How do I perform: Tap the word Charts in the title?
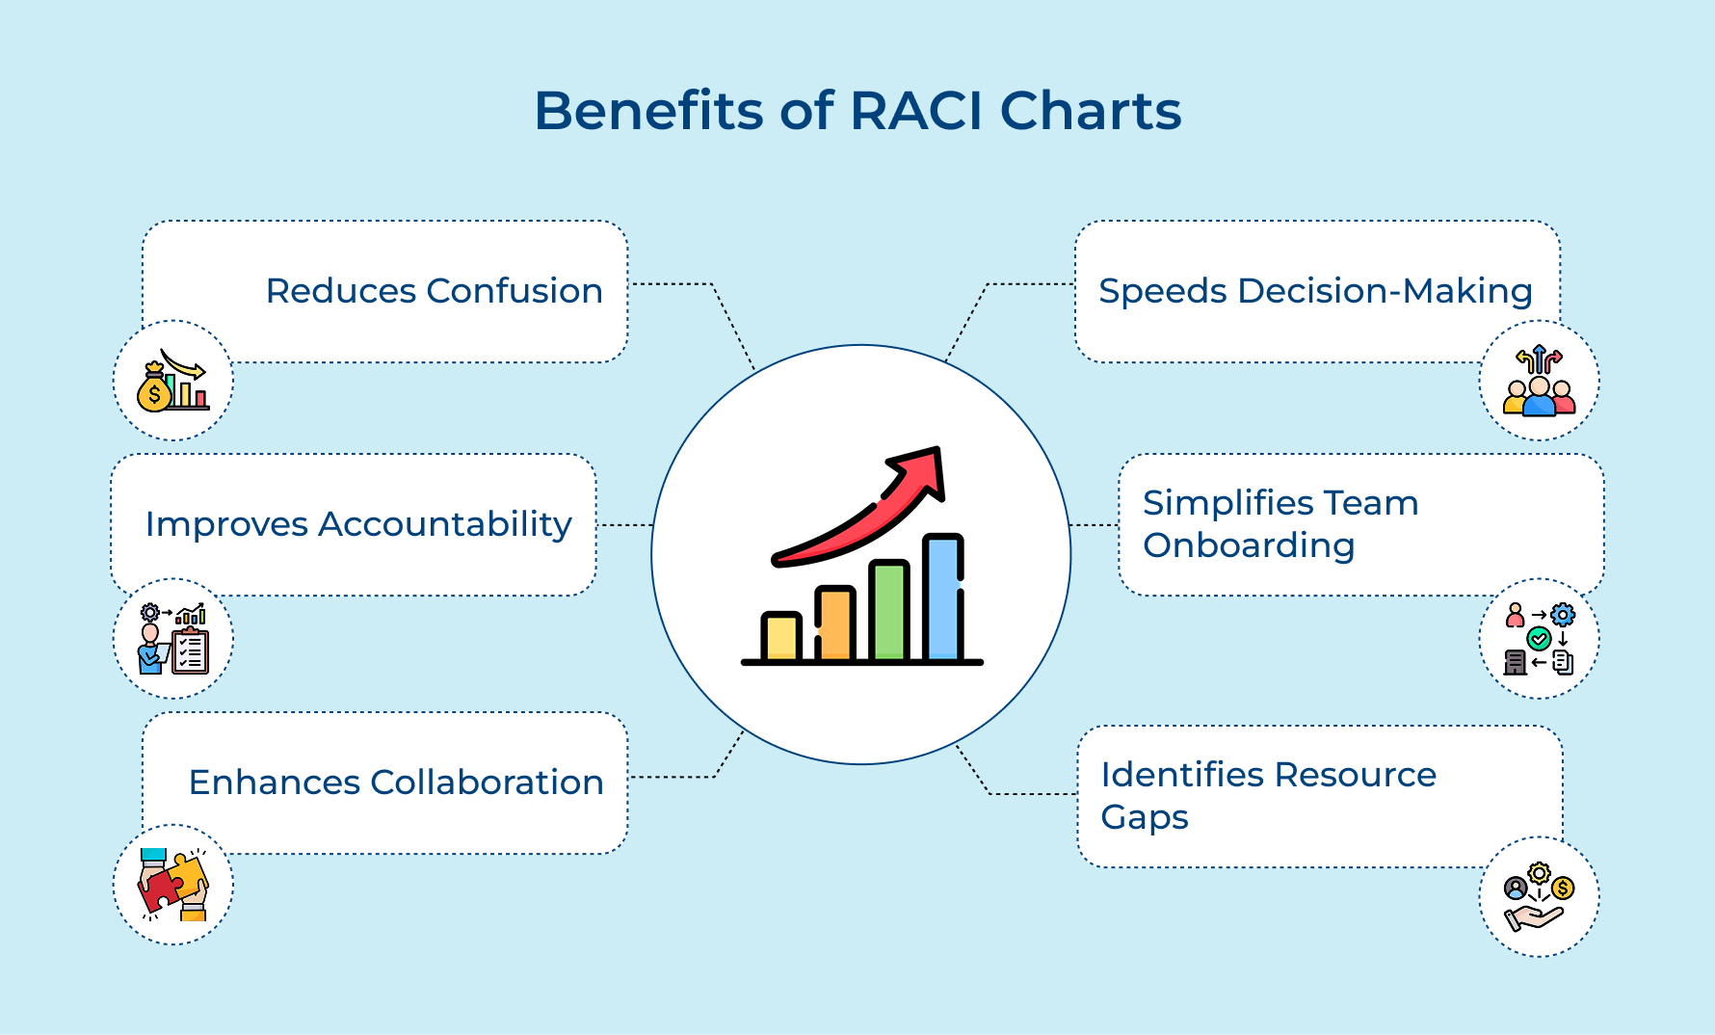tap(1091, 111)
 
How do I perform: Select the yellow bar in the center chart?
tap(781, 637)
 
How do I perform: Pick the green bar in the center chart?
tap(889, 612)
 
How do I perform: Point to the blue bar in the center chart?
tap(942, 598)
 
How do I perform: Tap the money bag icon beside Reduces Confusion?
tap(154, 389)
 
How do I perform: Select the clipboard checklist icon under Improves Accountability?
tap(190, 650)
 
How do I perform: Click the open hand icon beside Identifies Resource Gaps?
tap(1533, 916)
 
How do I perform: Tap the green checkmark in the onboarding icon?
tap(1539, 638)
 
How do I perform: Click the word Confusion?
tap(514, 291)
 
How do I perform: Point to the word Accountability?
tap(444, 524)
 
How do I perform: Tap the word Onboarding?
tap(1249, 545)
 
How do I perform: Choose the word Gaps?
tap(1145, 817)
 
